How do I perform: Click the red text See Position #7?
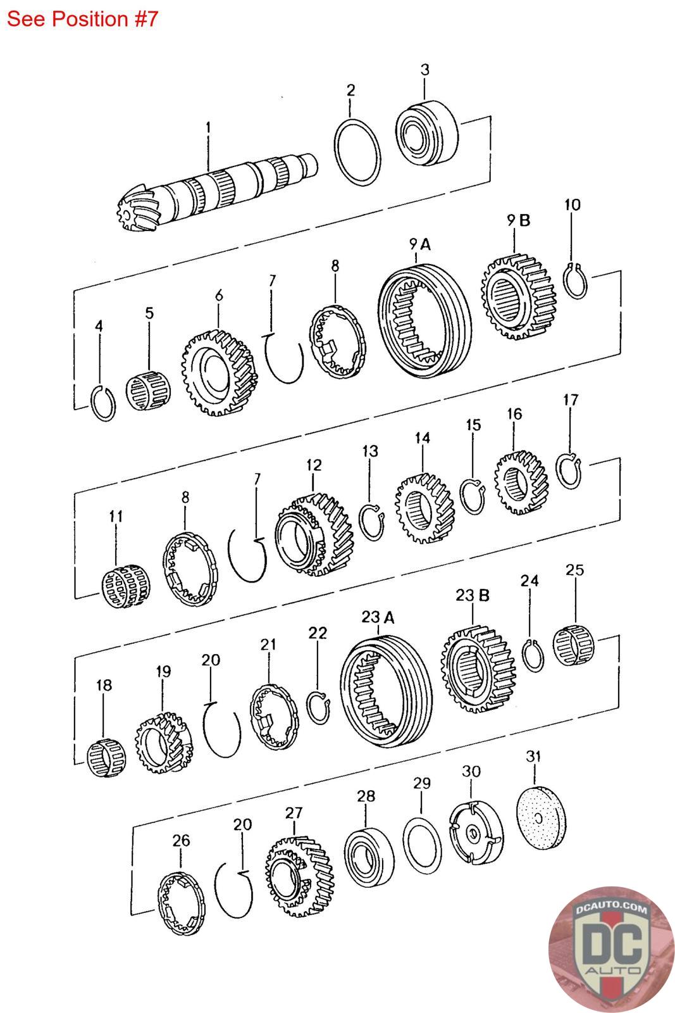[82, 19]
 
